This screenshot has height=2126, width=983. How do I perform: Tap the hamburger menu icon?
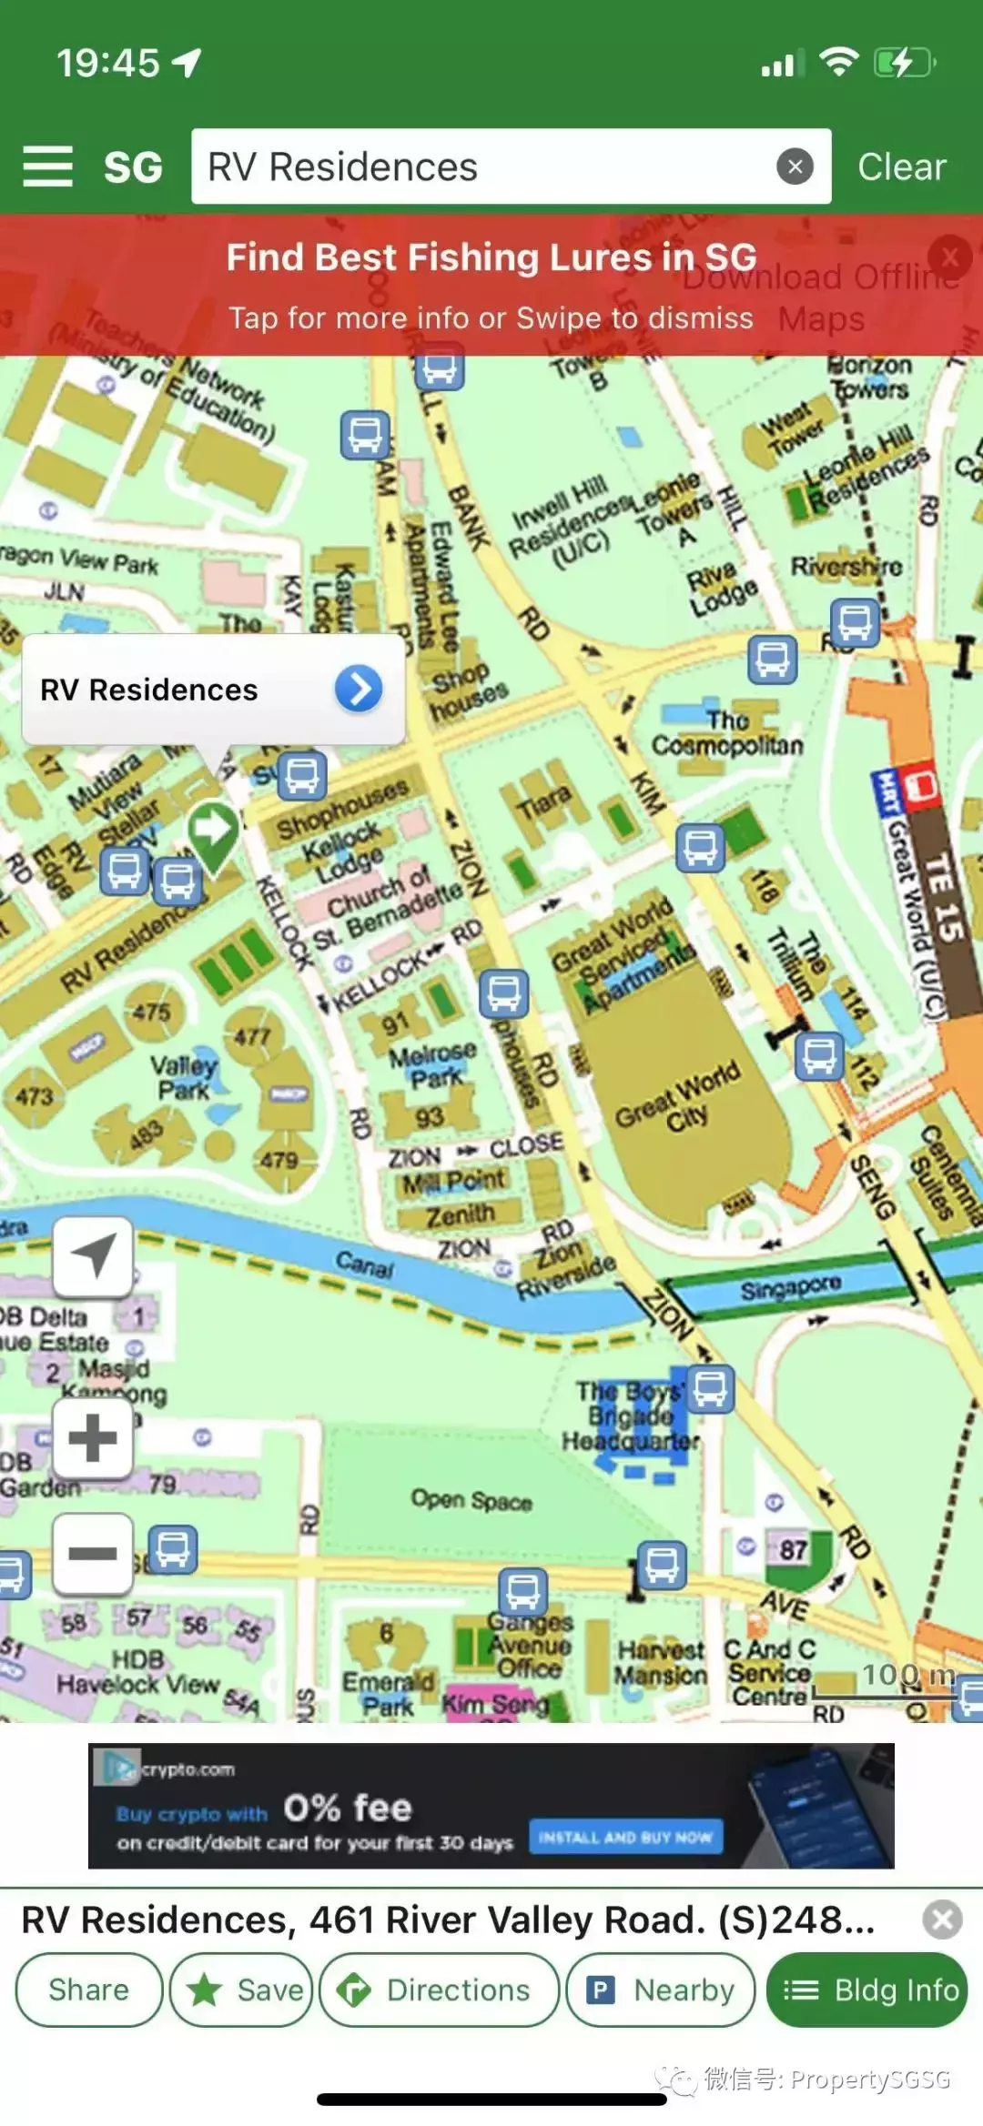pos(47,166)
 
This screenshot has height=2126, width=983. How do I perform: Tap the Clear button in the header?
pos(901,166)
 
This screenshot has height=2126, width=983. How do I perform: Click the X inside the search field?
pos(795,166)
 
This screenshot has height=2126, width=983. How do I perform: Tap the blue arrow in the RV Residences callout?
pos(359,689)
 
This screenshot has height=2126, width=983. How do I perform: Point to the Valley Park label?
pos(184,1077)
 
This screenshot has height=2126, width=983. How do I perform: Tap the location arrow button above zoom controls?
pos(93,1256)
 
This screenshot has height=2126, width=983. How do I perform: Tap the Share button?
pos(88,1990)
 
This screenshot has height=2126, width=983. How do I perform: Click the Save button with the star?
pos(242,1990)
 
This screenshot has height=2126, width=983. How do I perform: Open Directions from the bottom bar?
pos(439,1990)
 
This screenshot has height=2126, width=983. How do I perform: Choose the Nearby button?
pos(661,1990)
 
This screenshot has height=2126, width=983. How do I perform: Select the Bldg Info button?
pos(866,1990)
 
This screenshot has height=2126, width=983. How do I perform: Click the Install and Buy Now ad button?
pos(626,1838)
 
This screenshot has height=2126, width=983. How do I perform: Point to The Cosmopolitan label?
pos(727,733)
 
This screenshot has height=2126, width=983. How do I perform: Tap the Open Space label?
pos(471,1499)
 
